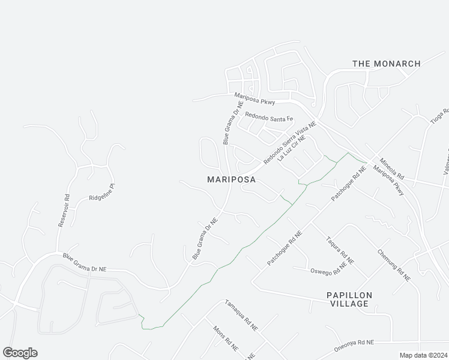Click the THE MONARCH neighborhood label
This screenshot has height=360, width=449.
(x=386, y=64)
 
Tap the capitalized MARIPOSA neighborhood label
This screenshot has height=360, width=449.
(x=231, y=179)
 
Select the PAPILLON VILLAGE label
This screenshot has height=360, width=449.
(x=349, y=299)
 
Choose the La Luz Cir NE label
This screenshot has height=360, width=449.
(x=296, y=149)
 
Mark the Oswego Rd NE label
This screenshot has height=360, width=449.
(x=328, y=268)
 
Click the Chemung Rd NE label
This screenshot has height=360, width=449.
(x=394, y=265)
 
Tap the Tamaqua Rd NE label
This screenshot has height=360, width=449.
(x=241, y=316)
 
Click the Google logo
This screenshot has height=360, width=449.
(x=20, y=352)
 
